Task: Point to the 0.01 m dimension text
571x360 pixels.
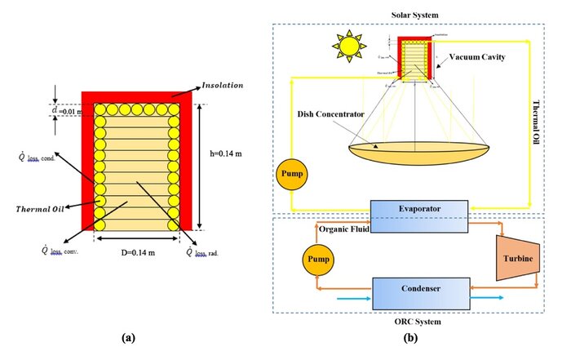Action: (71, 112)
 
